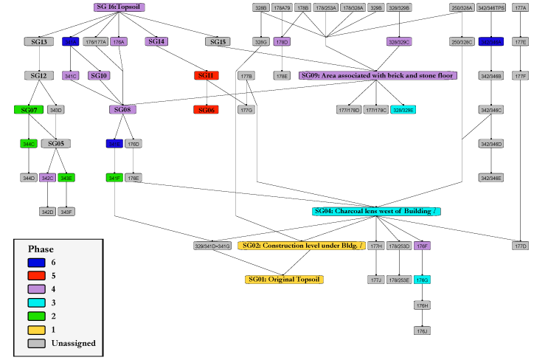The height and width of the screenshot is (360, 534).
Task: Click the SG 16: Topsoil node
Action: [119, 7]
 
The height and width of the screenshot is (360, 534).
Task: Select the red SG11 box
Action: [206, 76]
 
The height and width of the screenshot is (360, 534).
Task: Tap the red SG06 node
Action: [206, 110]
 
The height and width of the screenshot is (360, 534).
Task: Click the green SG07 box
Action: [29, 110]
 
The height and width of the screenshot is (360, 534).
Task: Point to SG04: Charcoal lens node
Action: [376, 212]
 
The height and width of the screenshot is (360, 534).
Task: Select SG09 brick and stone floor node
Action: [378, 76]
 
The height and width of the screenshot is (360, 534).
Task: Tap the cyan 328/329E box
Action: [403, 110]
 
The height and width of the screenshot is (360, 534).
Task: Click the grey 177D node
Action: [521, 246]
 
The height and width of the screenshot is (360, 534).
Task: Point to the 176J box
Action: [422, 331]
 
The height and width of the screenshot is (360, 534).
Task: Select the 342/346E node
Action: [490, 178]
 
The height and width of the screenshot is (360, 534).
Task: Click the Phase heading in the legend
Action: [41, 249]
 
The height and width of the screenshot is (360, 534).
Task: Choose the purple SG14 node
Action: [157, 42]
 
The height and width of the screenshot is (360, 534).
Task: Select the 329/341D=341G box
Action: [212, 246]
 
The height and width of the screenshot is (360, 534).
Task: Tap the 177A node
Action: [521, 8]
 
